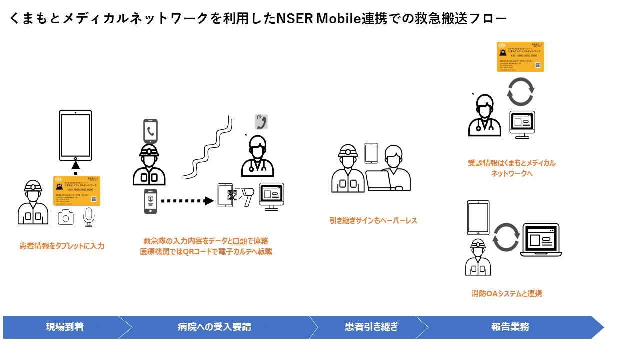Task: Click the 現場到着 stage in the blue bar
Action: coord(65,327)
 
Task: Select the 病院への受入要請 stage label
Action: coord(214,327)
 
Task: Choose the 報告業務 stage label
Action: coord(510,327)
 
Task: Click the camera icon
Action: coord(66,217)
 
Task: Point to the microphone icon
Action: coord(89,217)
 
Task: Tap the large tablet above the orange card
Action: coord(75,135)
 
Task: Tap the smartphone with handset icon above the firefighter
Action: coord(150,131)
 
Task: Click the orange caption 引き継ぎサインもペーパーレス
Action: coord(373,220)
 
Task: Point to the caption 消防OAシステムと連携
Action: coord(506,293)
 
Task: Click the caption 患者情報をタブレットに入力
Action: coord(62,246)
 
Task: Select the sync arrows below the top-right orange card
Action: coord(520,91)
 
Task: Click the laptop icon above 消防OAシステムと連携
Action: coord(541,240)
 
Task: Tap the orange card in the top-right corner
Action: coord(520,57)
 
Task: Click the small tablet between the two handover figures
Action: coord(371,153)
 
